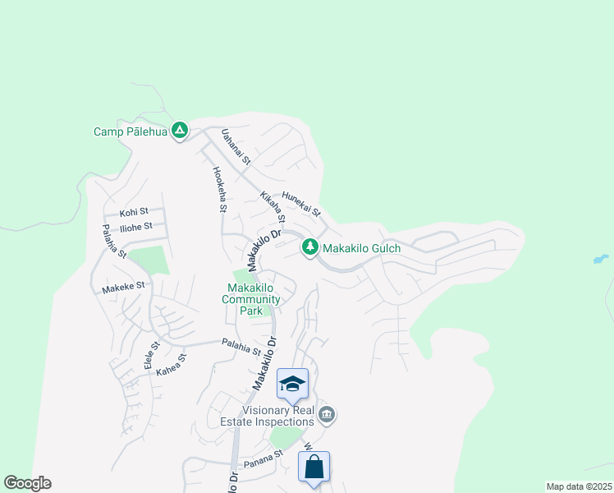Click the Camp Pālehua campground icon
coord(180,131)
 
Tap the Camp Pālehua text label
coord(131,131)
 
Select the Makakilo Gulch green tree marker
coord(310,246)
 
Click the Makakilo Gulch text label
coord(360,247)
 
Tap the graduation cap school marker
coord(292,384)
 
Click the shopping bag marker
coord(314,468)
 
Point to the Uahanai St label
coord(235,146)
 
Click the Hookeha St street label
coord(219,190)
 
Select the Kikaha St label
coord(272,207)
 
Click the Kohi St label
coord(134,211)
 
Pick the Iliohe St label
coord(136,227)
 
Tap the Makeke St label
coord(123,287)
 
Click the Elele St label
coord(151,355)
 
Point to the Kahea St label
coord(172,364)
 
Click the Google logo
coord(27,483)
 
